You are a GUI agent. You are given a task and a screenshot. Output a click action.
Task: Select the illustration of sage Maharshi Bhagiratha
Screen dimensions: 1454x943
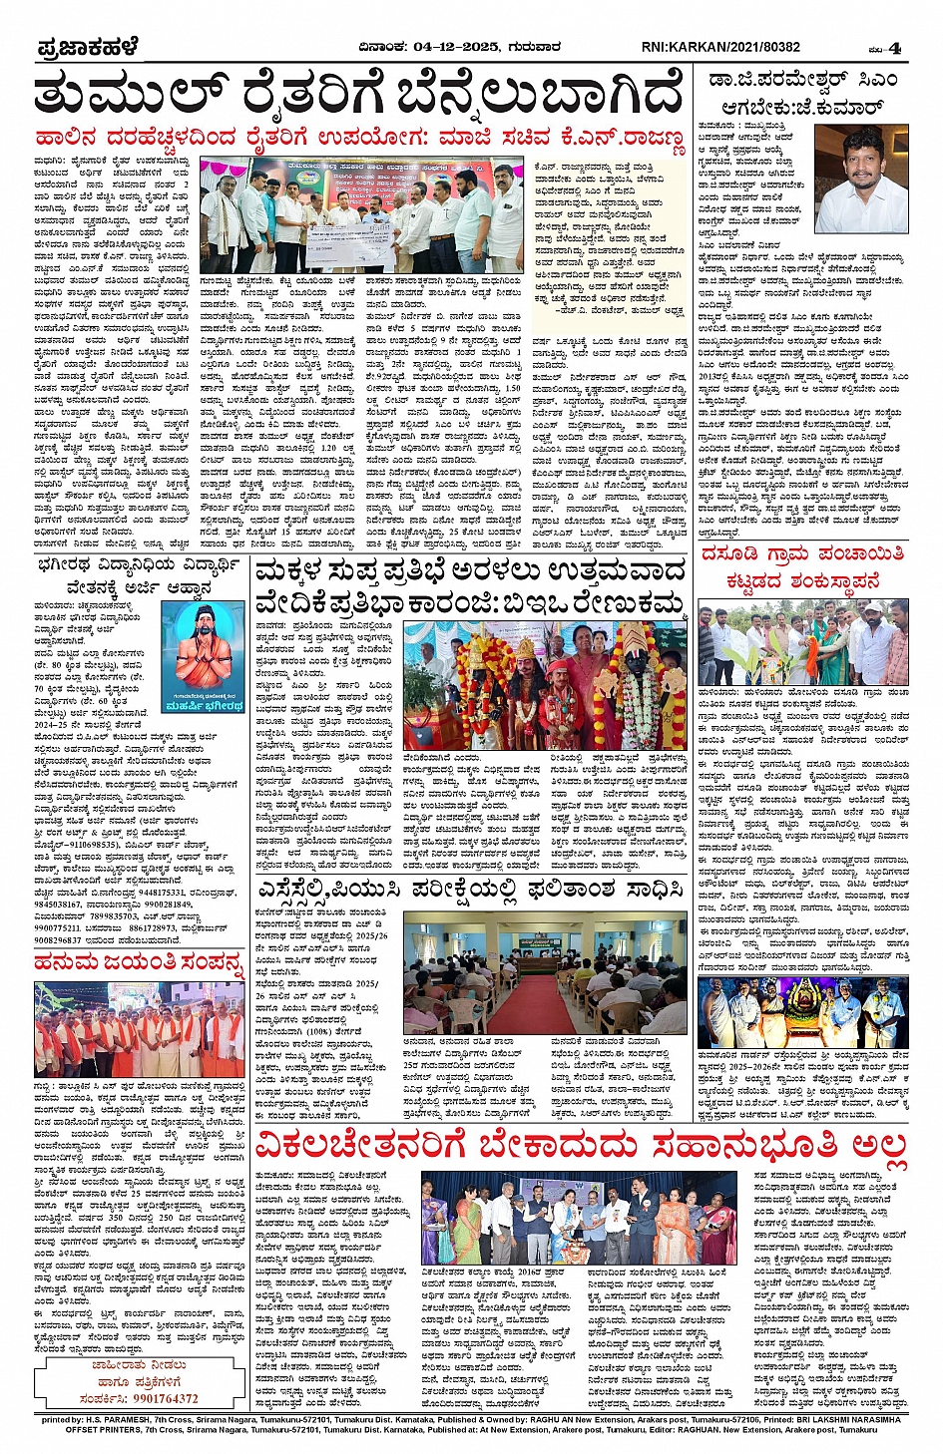[x=203, y=657]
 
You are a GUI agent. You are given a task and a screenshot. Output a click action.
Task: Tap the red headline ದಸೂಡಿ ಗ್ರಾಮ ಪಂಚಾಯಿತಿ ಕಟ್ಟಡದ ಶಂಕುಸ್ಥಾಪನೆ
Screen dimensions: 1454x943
[x=803, y=566]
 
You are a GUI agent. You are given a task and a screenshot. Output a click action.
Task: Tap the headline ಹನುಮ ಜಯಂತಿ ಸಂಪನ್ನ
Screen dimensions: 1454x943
[x=138, y=961]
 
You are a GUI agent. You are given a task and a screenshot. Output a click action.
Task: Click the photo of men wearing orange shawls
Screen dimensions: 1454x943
[x=138, y=1027]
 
